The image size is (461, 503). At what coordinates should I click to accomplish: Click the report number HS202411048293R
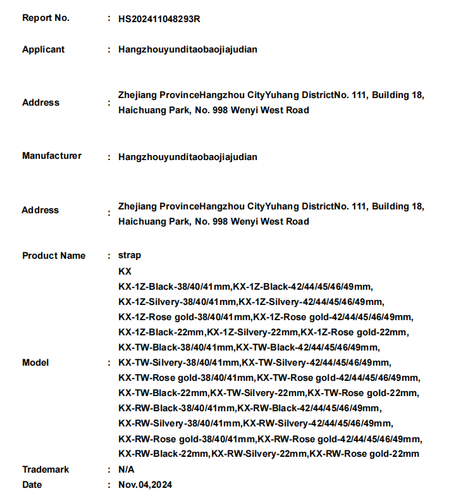coord(159,19)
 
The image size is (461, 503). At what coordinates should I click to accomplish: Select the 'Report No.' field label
coord(46,18)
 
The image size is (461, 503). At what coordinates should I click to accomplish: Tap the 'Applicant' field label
coord(43,49)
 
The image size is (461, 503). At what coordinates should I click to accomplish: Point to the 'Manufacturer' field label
coord(52,156)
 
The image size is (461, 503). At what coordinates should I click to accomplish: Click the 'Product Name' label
coord(54,256)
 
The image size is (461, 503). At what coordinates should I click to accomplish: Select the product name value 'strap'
coord(130,256)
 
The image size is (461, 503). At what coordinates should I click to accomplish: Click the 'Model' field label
coord(35,363)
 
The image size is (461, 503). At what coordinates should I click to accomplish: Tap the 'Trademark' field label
coord(46,469)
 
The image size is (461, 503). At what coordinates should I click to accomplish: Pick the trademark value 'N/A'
coord(126,469)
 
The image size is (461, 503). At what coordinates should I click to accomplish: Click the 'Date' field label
coord(32,485)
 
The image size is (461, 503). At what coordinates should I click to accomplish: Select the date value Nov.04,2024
coord(145,485)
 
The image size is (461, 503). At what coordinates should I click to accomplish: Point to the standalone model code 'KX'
coord(125,271)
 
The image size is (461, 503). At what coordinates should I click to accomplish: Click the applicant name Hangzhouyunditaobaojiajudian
coord(188,49)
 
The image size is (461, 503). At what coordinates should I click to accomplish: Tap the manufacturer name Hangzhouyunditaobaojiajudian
coord(188,157)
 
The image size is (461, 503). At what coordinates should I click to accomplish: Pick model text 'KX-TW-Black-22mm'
coord(163,393)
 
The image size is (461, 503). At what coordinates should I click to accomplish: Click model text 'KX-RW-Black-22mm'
coord(164,454)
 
